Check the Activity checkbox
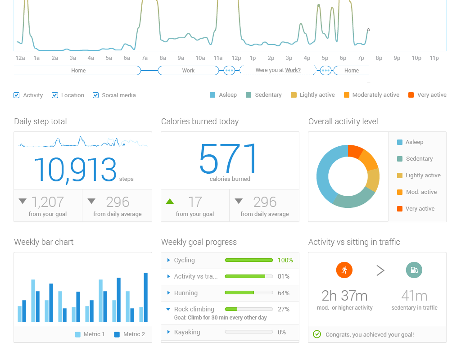pos(17,95)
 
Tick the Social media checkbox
pos(96,95)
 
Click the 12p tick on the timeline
pos(236,58)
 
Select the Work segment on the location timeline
pos(188,71)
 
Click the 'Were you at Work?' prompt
pos(278,71)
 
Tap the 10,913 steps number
pos(75,170)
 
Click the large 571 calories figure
pos(229,159)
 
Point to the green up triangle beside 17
pos(170,201)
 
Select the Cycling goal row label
pos(184,260)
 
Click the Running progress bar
pos(249,293)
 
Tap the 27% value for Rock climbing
pos(284,309)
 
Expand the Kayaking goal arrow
pos(168,332)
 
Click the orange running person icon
pos(344,270)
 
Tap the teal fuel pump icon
pos(414,270)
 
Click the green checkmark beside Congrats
pos(317,334)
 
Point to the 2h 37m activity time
pos(344,296)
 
